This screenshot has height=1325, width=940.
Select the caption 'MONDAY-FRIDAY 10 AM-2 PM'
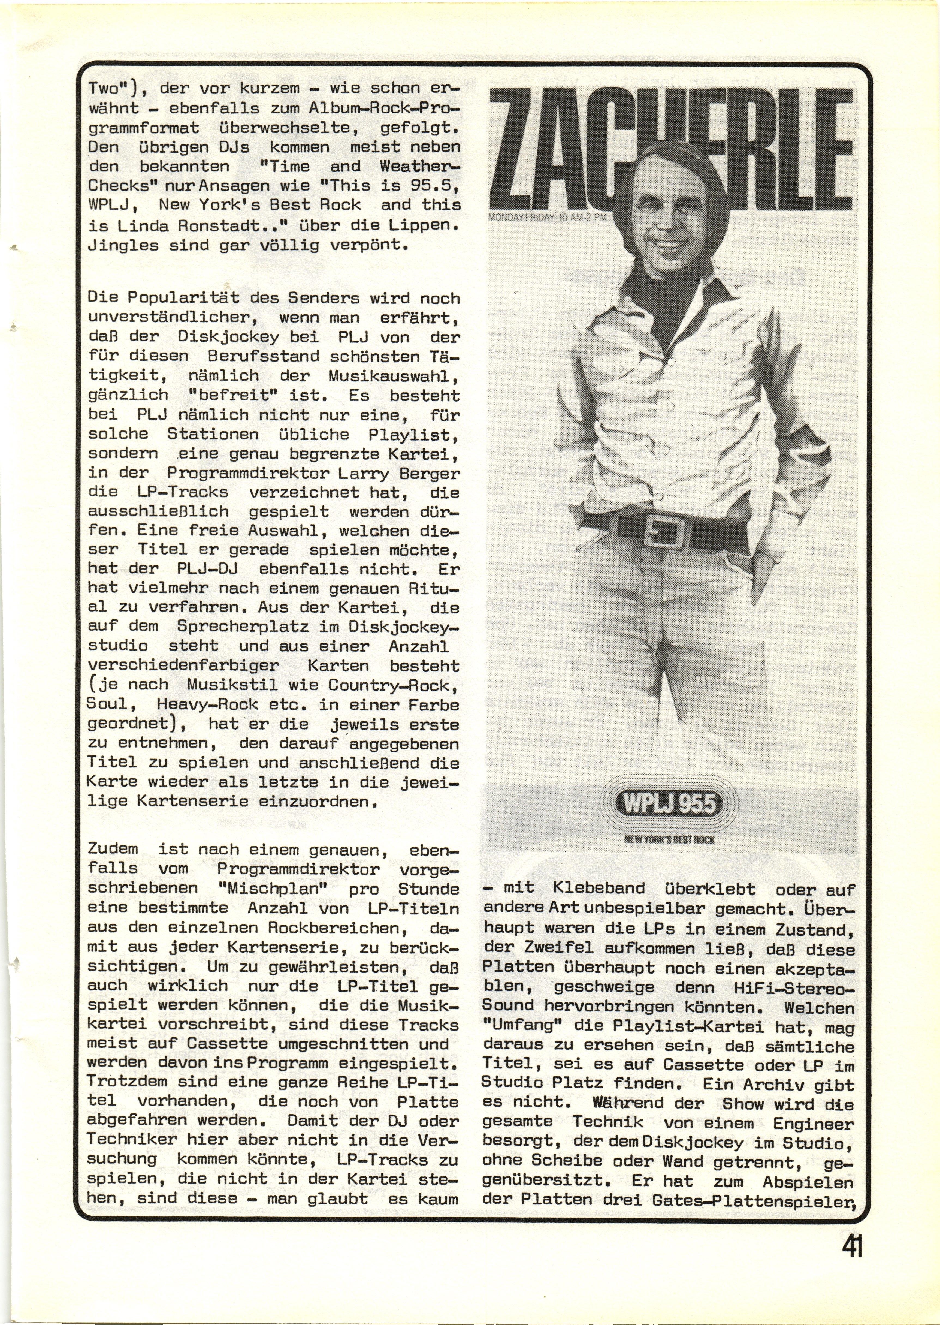coord(548,218)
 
